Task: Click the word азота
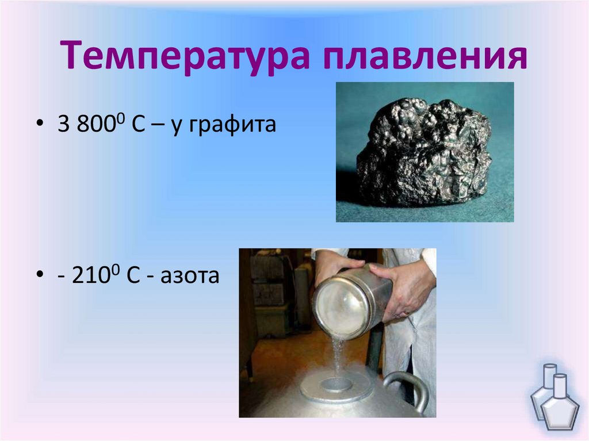click(x=193, y=277)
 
